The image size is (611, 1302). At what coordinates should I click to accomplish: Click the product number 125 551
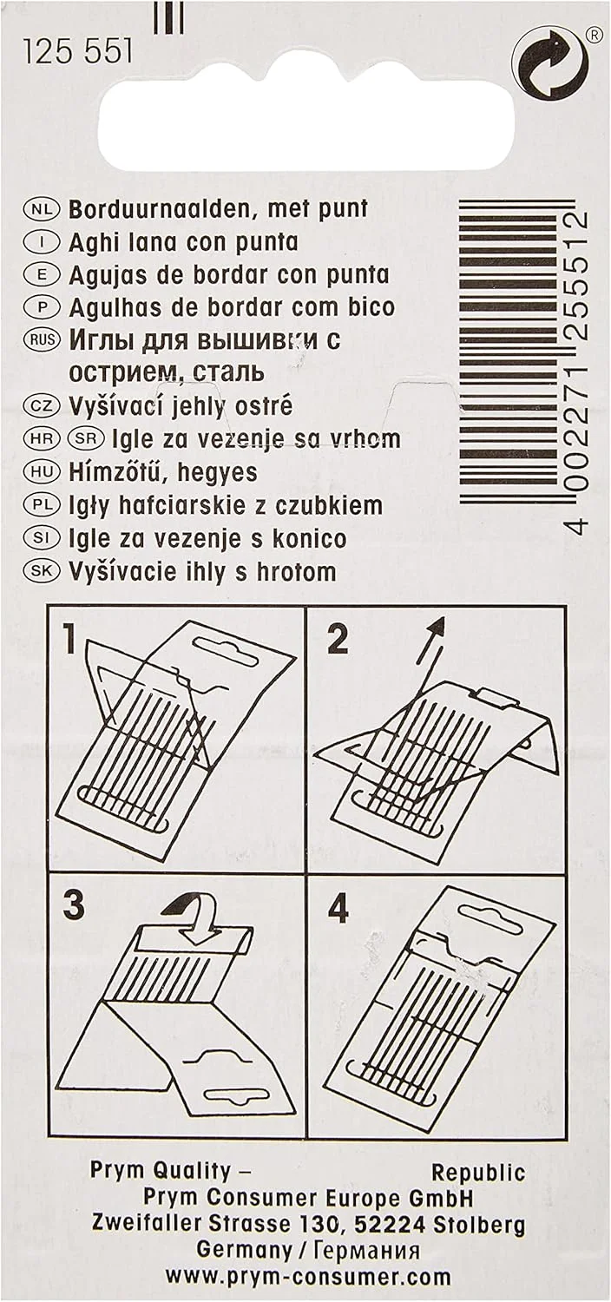point(77,52)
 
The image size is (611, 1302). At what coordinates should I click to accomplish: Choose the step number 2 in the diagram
point(338,638)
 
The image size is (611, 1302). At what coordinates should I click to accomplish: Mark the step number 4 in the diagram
point(338,903)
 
